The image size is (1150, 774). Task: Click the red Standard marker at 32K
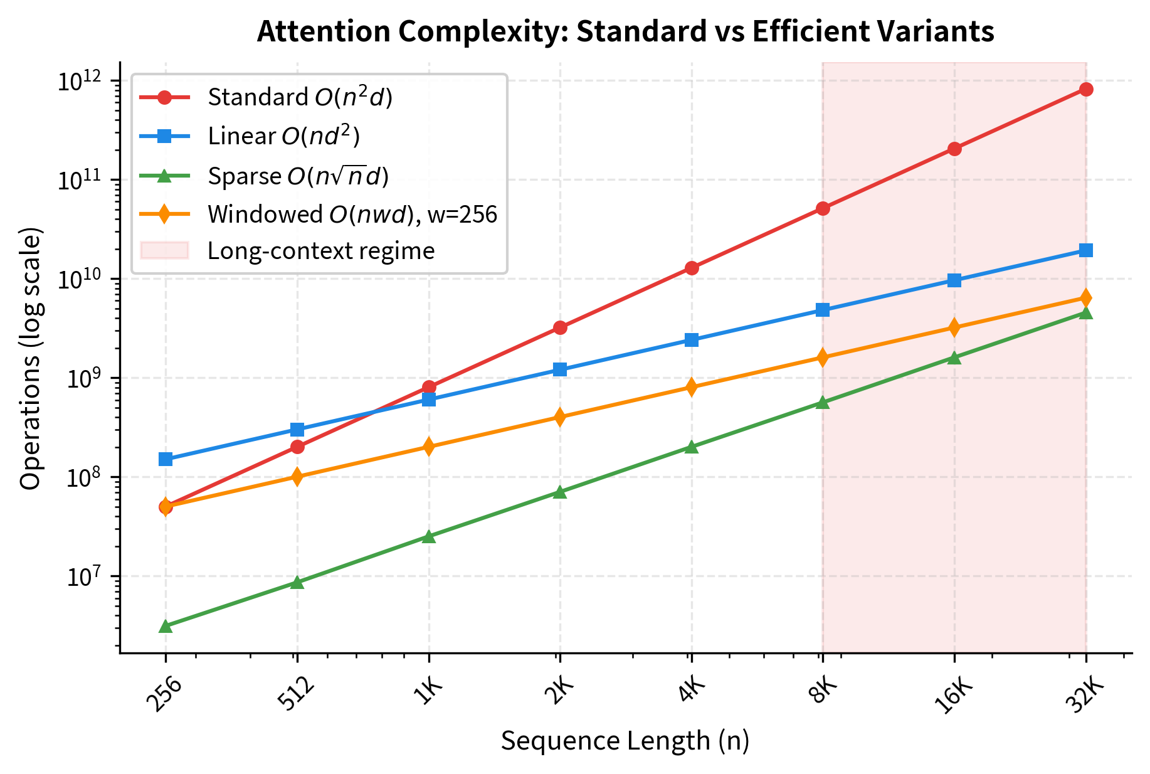click(1086, 90)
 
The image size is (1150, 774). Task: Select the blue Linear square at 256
click(166, 459)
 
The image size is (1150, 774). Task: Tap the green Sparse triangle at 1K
click(429, 537)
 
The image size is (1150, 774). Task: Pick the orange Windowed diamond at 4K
click(691, 387)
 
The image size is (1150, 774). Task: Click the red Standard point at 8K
click(823, 208)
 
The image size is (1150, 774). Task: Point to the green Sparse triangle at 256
click(166, 626)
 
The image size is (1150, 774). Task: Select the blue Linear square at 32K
click(1086, 250)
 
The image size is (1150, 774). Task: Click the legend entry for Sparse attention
click(298, 176)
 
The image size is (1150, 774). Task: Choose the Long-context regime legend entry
click(320, 251)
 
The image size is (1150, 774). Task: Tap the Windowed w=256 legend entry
click(352, 215)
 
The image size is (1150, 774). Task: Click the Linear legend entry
click(283, 136)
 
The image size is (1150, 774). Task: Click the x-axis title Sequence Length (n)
click(625, 741)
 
